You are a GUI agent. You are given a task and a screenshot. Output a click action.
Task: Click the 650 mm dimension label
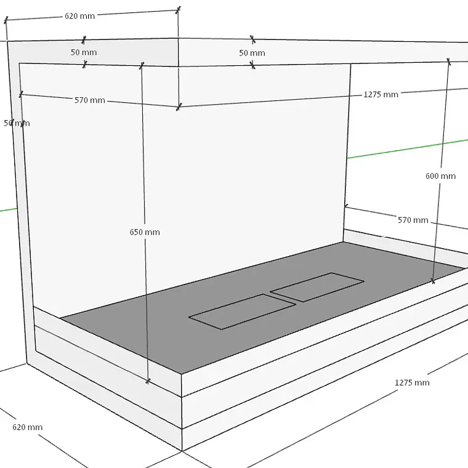click(x=145, y=232)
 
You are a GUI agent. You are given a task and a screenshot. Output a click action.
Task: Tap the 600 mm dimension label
click(x=440, y=175)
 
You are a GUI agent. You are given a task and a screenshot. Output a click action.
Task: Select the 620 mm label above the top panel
click(x=79, y=16)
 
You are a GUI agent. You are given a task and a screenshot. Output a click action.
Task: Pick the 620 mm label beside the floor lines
click(x=28, y=427)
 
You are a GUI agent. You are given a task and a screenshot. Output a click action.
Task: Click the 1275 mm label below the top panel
click(x=381, y=94)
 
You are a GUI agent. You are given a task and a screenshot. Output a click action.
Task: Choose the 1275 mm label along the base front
click(x=412, y=382)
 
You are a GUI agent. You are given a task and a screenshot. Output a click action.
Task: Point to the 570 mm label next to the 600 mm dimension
click(x=413, y=220)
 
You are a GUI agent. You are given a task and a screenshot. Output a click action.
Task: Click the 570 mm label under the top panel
click(x=90, y=100)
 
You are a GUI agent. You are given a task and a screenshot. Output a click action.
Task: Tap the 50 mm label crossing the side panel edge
click(x=17, y=123)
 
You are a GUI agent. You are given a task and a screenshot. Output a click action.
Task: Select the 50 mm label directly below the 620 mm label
click(x=84, y=52)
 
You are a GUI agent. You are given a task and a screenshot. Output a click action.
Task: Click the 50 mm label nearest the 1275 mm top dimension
click(x=252, y=53)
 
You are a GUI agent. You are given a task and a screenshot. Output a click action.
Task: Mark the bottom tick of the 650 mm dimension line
click(x=148, y=381)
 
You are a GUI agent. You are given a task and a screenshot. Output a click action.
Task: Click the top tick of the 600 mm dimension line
click(x=448, y=61)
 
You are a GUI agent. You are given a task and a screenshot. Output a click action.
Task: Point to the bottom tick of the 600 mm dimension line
click(x=433, y=281)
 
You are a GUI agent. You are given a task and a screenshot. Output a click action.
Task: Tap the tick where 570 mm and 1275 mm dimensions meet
click(x=179, y=107)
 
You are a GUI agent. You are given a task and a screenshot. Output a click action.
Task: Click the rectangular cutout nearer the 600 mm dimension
click(x=317, y=287)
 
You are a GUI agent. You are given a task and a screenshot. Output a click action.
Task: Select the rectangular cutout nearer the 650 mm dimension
click(x=243, y=312)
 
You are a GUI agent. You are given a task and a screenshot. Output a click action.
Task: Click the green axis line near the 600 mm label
click(x=408, y=148)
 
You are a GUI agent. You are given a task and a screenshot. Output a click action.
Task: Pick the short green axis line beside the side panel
click(x=9, y=209)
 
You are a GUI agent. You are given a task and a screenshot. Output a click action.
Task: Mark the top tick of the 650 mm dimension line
click(x=142, y=65)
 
